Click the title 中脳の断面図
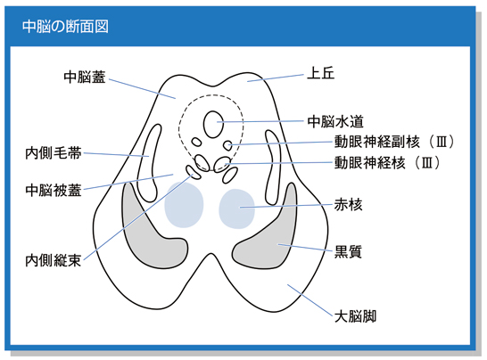click(x=65, y=27)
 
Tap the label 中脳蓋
click(x=85, y=77)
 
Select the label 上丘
click(x=320, y=74)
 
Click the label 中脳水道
click(x=335, y=121)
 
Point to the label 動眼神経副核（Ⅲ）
click(x=395, y=142)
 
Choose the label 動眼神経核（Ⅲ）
click(x=388, y=162)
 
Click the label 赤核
click(x=348, y=205)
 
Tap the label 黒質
click(x=348, y=251)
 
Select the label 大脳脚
click(x=355, y=316)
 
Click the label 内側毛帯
click(x=54, y=153)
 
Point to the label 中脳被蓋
click(x=54, y=190)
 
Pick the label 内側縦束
click(x=54, y=260)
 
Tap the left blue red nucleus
click(x=184, y=205)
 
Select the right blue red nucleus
click(x=236, y=209)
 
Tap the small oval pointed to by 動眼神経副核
click(x=228, y=145)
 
